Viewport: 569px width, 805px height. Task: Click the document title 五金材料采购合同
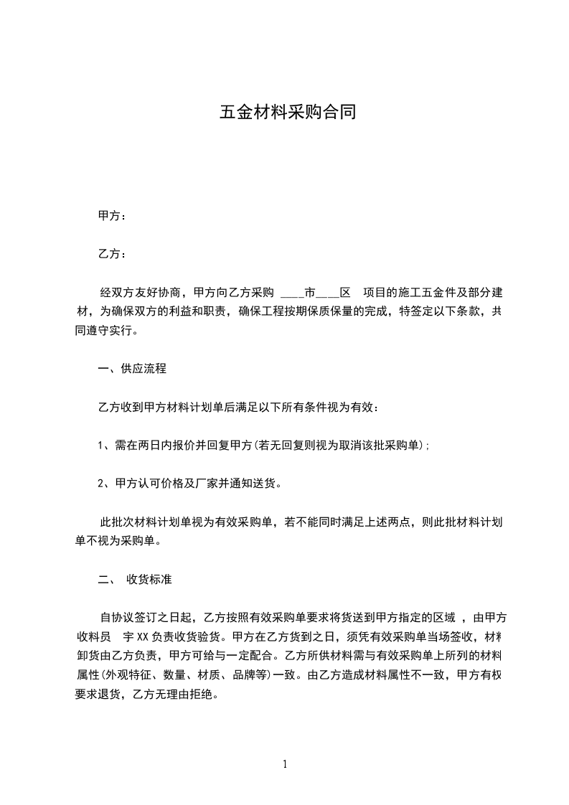[287, 113]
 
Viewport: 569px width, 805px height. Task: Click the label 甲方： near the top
[112, 216]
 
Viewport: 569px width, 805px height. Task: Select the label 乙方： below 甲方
[112, 254]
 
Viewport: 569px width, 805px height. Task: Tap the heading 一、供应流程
[132, 369]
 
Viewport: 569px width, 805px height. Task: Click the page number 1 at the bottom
[285, 764]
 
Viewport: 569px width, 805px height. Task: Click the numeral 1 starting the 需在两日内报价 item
[100, 446]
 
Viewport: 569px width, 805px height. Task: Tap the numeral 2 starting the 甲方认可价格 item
[100, 483]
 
